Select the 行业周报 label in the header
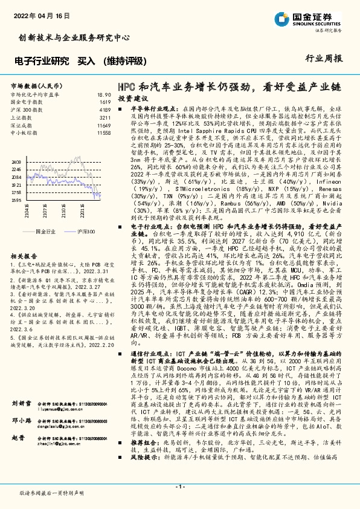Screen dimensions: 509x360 click(328, 59)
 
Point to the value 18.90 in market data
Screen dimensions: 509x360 click(104, 96)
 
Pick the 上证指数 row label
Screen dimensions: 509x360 click(22, 117)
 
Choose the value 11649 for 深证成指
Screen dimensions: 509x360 click(103, 125)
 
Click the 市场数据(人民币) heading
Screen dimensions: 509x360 click(33, 86)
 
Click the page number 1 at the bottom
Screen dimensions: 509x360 click(180, 487)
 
